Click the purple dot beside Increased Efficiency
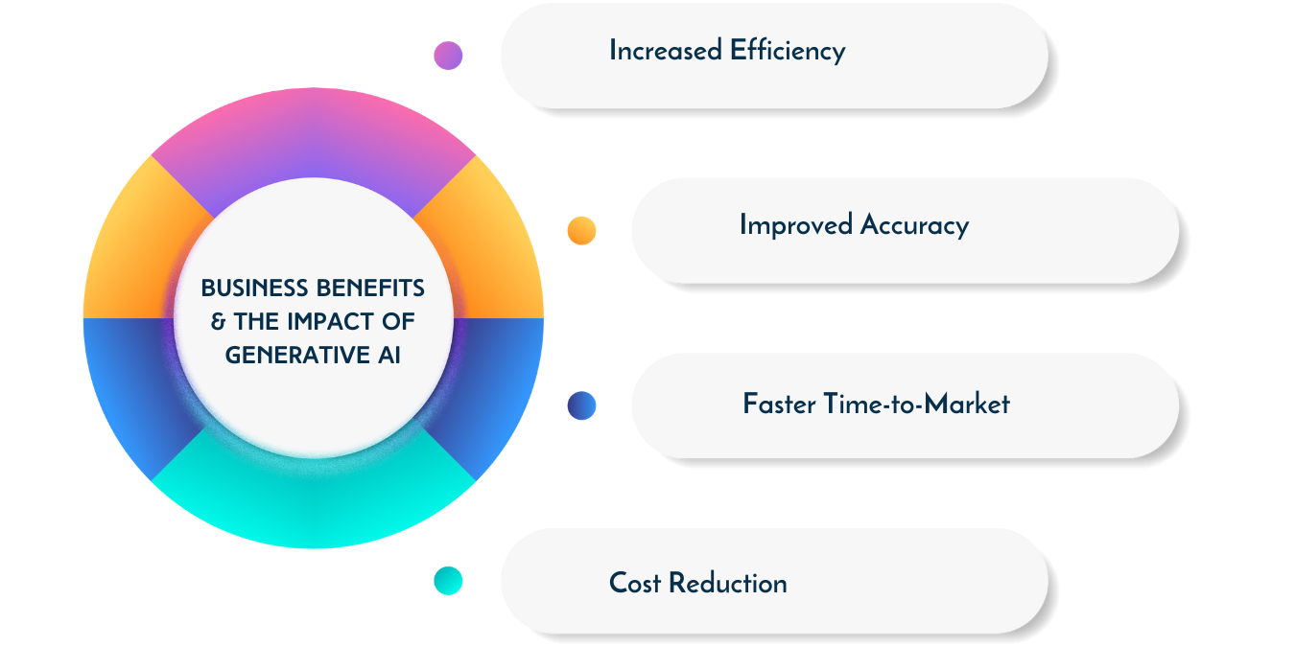tap(448, 56)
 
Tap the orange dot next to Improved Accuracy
tap(581, 230)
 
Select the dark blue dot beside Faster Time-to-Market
tap(581, 405)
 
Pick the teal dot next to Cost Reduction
tap(448, 581)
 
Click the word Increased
tap(666, 50)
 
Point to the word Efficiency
tap(788, 51)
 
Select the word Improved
tap(796, 225)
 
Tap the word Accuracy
tap(914, 225)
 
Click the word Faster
tap(779, 404)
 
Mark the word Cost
tap(635, 583)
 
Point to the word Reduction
tap(728, 583)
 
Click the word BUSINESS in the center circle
tap(254, 288)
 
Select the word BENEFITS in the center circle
tap(370, 288)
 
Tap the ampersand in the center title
tap(218, 322)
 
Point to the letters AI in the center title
tap(389, 355)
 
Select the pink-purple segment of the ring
tap(314, 133)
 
